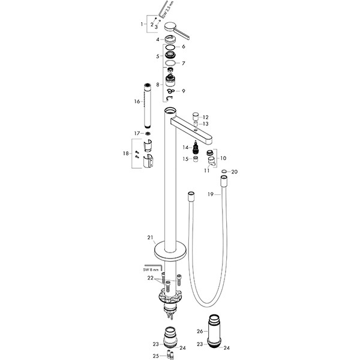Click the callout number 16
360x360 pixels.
coord(137,101)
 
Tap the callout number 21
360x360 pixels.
coord(150,238)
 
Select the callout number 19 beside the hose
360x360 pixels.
coord(211,194)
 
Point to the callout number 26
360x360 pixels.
coord(200,331)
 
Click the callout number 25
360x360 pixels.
coord(155,356)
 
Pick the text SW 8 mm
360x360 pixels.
coord(151,270)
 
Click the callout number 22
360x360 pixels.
coord(151,278)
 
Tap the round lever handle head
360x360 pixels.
coord(170,26)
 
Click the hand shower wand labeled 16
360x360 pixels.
coord(147,106)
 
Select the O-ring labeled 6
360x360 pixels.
coord(170,47)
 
